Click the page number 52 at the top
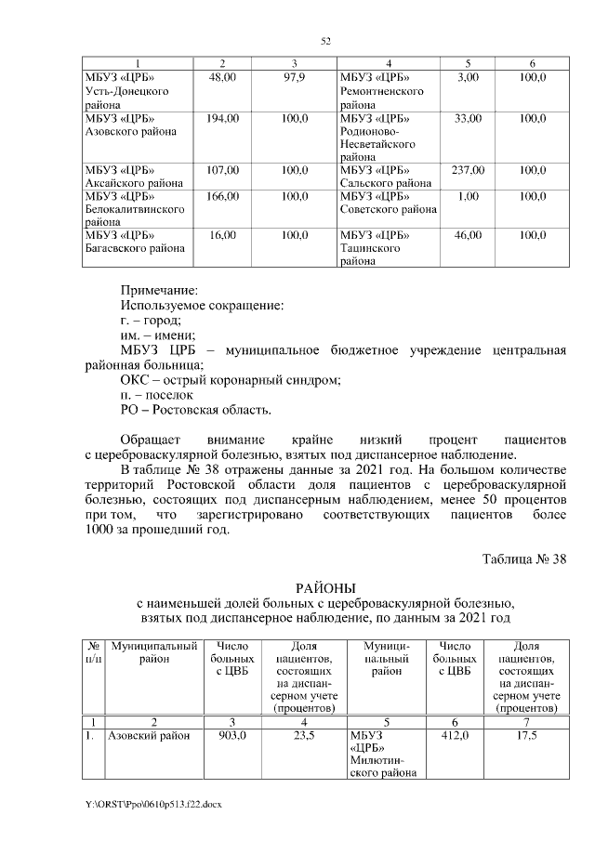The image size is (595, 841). pyautogui.click(x=326, y=41)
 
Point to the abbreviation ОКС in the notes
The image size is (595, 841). pyautogui.click(x=136, y=380)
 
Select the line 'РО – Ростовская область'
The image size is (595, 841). pyautogui.click(x=197, y=410)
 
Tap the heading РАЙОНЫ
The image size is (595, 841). pyautogui.click(x=325, y=589)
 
